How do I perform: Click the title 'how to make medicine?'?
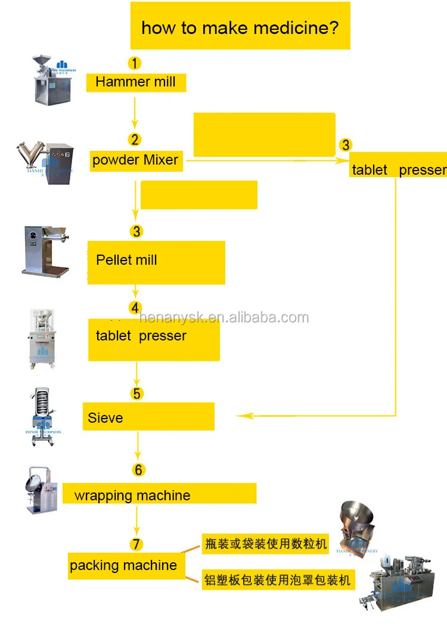(240, 27)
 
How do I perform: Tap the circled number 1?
(135, 63)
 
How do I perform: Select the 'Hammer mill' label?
(135, 82)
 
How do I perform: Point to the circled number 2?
(135, 140)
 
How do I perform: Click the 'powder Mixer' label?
(135, 160)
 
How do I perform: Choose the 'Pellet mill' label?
(126, 260)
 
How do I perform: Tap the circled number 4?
(136, 308)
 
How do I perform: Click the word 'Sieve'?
(105, 418)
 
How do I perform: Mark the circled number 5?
(138, 394)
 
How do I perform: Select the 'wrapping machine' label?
(132, 495)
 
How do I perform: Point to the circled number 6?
(138, 470)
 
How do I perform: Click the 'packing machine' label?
(123, 565)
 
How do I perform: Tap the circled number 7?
(137, 544)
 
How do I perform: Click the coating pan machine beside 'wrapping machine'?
(42, 490)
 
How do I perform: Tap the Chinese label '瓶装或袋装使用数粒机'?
(265, 544)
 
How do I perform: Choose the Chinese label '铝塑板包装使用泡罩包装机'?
(277, 579)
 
